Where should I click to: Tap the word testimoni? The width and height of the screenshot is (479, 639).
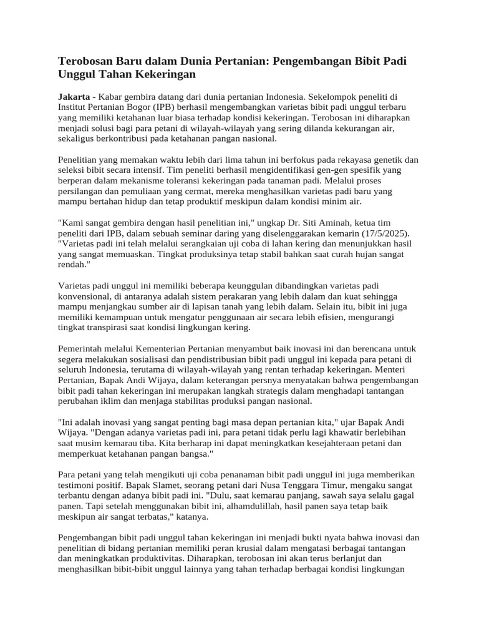coord(79,485)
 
